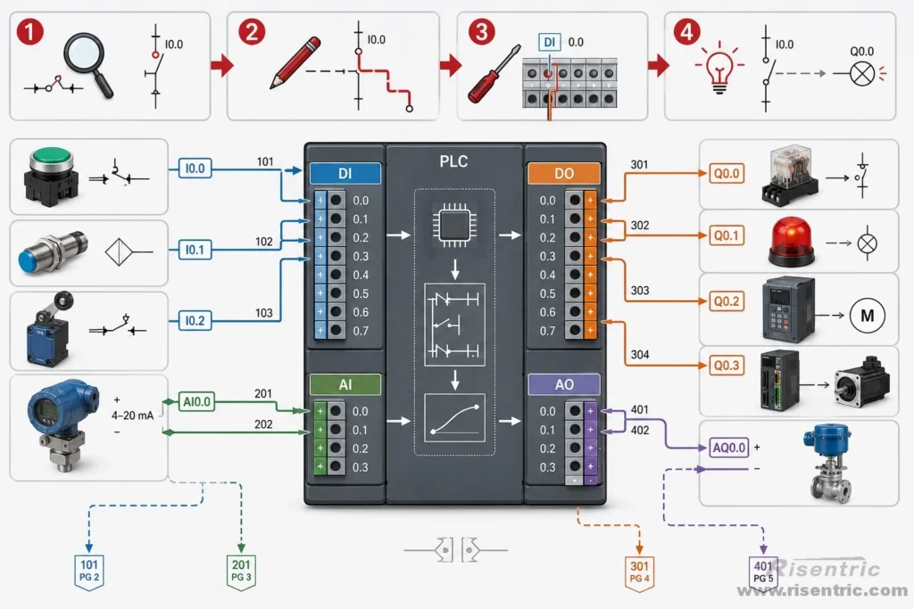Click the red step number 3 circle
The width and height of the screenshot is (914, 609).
[481, 31]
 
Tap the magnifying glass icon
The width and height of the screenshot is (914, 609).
[87, 63]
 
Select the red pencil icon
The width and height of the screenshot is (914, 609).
[295, 63]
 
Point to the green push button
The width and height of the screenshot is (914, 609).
[51, 176]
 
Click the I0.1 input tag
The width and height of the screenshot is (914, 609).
[195, 250]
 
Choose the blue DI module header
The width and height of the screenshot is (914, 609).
[345, 174]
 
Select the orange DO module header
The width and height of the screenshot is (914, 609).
[564, 174]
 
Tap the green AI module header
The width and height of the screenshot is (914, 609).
[345, 384]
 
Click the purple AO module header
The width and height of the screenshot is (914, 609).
[564, 384]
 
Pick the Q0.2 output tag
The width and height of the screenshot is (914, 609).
[727, 301]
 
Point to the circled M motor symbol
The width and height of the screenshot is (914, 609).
[867, 316]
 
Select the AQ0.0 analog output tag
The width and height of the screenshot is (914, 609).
[728, 448]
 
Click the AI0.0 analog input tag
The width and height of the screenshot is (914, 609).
[196, 402]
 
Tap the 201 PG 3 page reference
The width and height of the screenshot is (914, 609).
[241, 572]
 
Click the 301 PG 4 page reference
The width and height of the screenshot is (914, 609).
[639, 572]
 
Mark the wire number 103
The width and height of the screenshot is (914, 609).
[264, 313]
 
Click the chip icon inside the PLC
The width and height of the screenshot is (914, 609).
[453, 225]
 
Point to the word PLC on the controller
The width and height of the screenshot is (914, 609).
[453, 161]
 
